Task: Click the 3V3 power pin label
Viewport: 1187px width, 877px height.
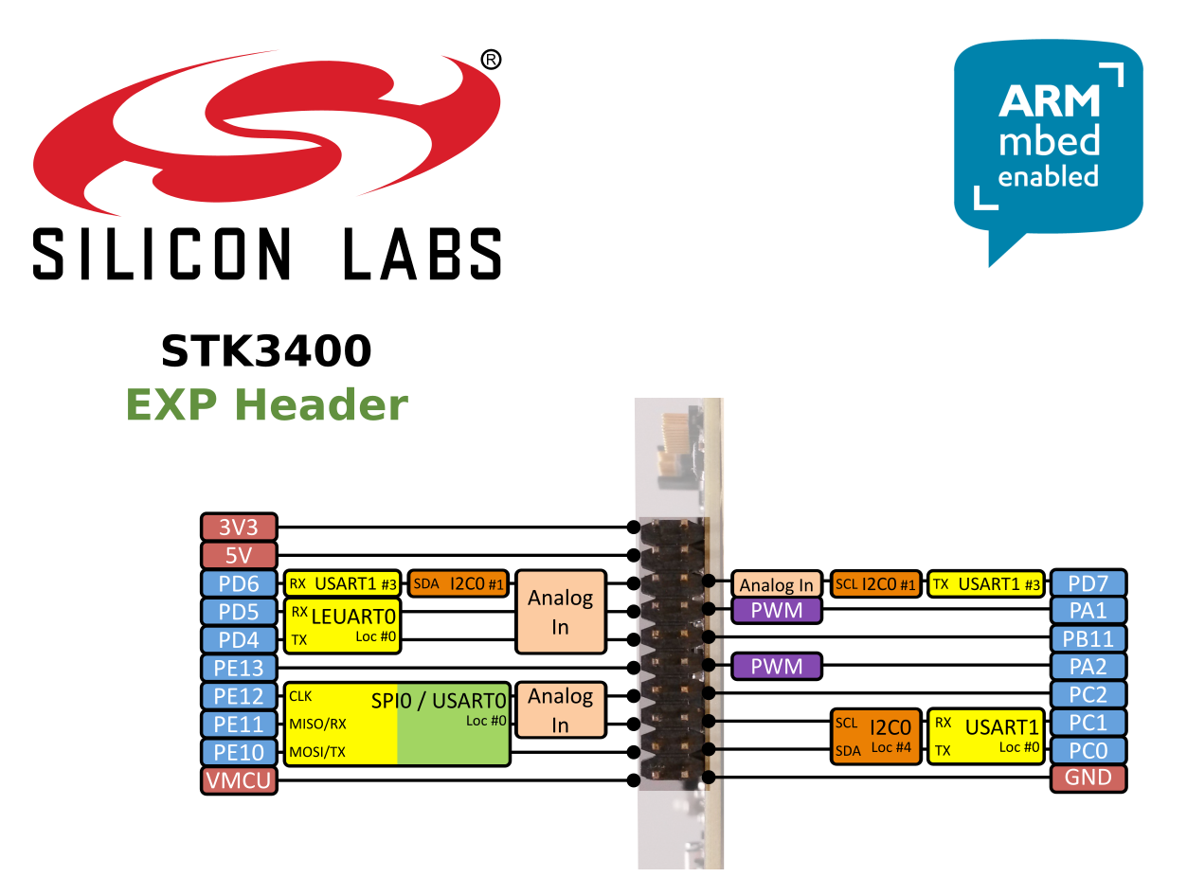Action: [239, 527]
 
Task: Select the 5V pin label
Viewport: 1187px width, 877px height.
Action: [239, 555]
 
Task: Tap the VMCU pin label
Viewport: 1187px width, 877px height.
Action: [239, 780]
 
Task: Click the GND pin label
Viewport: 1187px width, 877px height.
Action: [1088, 779]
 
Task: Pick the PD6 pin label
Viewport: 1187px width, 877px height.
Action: [239, 583]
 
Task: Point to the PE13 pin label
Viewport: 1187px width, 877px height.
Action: [239, 668]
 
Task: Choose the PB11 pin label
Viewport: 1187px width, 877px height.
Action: [1088, 637]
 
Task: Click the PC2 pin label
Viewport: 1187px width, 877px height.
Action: [1088, 694]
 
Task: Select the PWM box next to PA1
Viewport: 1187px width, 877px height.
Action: [777, 611]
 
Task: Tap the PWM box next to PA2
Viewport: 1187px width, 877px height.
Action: [777, 667]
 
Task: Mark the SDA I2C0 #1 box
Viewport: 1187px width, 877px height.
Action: [459, 583]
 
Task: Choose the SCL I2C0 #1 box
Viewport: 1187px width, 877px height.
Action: [875, 584]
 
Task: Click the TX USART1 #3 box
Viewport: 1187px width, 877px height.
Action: [985, 584]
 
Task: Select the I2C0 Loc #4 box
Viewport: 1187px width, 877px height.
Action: [875, 736]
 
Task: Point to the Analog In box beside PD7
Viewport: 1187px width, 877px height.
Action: [777, 585]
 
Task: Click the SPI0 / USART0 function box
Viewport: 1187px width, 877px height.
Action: [397, 724]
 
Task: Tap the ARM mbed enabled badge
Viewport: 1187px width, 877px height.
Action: [1048, 142]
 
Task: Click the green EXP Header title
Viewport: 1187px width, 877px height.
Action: [266, 405]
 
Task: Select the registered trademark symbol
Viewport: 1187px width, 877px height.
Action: [491, 60]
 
